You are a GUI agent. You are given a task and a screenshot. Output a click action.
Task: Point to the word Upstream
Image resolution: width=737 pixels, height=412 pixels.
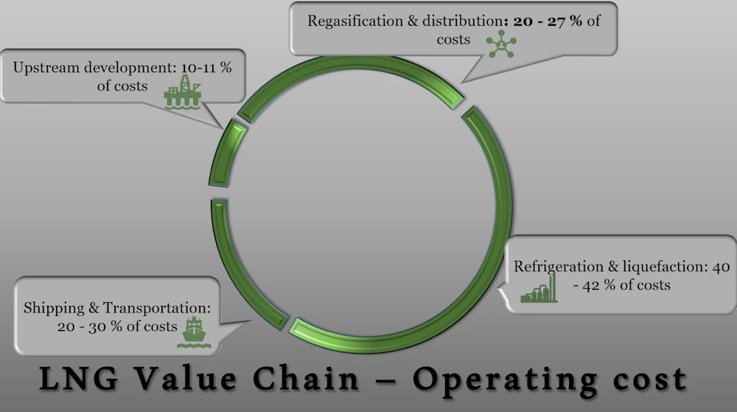(40, 67)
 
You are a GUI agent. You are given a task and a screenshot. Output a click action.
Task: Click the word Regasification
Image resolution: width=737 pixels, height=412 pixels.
(352, 21)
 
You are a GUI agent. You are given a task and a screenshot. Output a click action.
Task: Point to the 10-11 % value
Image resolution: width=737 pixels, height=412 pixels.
(195, 67)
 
